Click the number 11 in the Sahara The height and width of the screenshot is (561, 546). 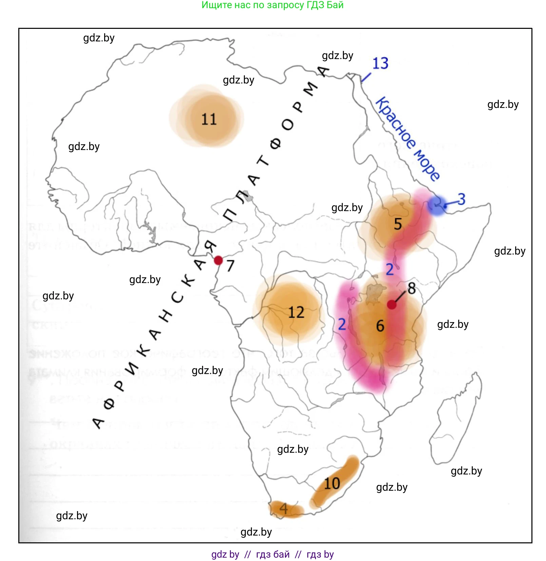tap(209, 119)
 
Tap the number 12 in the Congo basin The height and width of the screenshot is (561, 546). tap(296, 312)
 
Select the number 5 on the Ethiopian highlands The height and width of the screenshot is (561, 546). tap(398, 224)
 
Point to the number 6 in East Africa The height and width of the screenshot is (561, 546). tap(380, 326)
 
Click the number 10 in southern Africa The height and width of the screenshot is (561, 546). tap(332, 483)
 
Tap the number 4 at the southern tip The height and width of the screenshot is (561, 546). tap(284, 509)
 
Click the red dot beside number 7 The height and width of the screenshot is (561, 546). tap(218, 260)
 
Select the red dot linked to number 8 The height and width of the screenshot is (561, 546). tap(392, 304)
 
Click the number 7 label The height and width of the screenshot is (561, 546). tap(231, 266)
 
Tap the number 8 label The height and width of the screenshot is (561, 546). tap(412, 288)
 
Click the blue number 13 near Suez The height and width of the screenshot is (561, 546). tap(380, 63)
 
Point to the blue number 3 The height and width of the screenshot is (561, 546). tap(462, 199)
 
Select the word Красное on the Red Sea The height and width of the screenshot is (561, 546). tap(395, 123)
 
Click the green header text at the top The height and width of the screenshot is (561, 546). tap(272, 5)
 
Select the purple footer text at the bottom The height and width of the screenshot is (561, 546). tap(272, 554)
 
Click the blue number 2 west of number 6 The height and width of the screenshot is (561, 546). tap(342, 324)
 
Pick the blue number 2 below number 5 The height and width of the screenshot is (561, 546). tap(390, 269)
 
